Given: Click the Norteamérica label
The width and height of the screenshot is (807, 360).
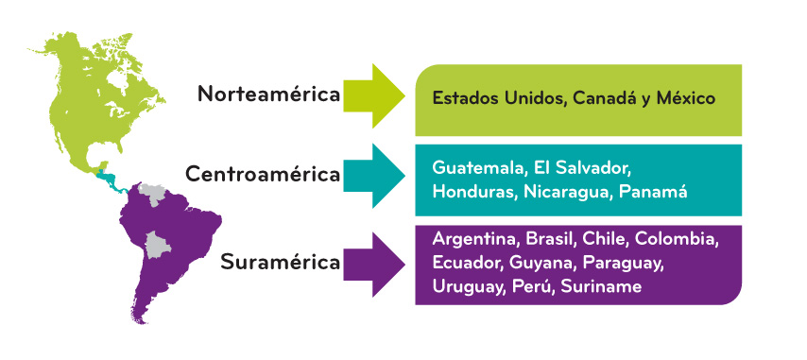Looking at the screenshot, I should point(268,94).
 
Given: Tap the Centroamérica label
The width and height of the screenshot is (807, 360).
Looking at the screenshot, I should point(263,175).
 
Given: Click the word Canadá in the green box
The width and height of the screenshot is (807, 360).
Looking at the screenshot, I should point(601,97).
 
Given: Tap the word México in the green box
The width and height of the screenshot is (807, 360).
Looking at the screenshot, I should point(682,97).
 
